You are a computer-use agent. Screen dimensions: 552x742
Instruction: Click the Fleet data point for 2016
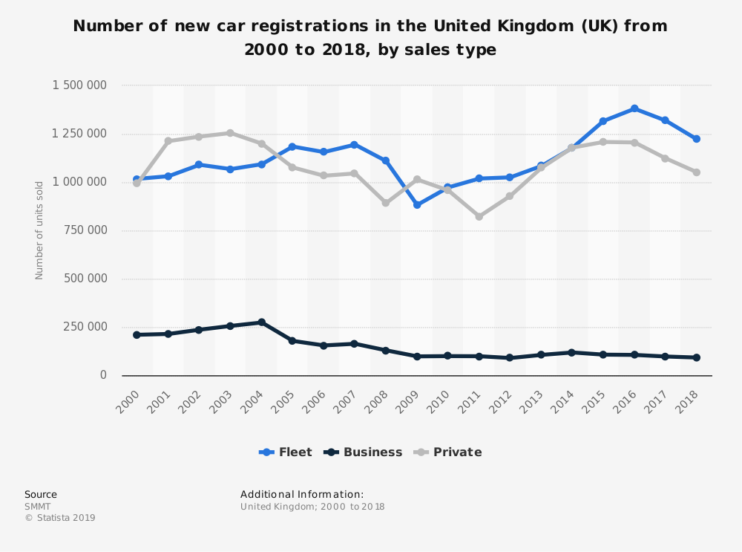coord(634,108)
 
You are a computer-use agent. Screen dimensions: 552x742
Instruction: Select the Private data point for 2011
coord(479,216)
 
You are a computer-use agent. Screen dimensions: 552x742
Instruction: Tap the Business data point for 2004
coord(261,322)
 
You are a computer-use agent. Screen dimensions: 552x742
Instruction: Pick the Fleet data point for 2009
coord(417,204)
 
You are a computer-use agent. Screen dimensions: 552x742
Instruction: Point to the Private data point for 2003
coord(230,133)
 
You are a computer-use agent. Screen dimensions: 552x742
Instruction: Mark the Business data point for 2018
coord(696,357)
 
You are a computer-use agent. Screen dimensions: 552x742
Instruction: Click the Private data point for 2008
coord(386,203)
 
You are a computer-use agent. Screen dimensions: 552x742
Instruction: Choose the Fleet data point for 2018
coord(696,139)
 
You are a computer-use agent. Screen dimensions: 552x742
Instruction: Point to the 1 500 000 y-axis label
coord(79,85)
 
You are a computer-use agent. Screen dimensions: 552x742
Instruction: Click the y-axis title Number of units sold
coord(39,230)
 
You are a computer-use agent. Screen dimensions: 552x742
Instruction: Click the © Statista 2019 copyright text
coord(60,518)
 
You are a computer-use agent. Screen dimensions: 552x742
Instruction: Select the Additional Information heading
coord(302,494)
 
